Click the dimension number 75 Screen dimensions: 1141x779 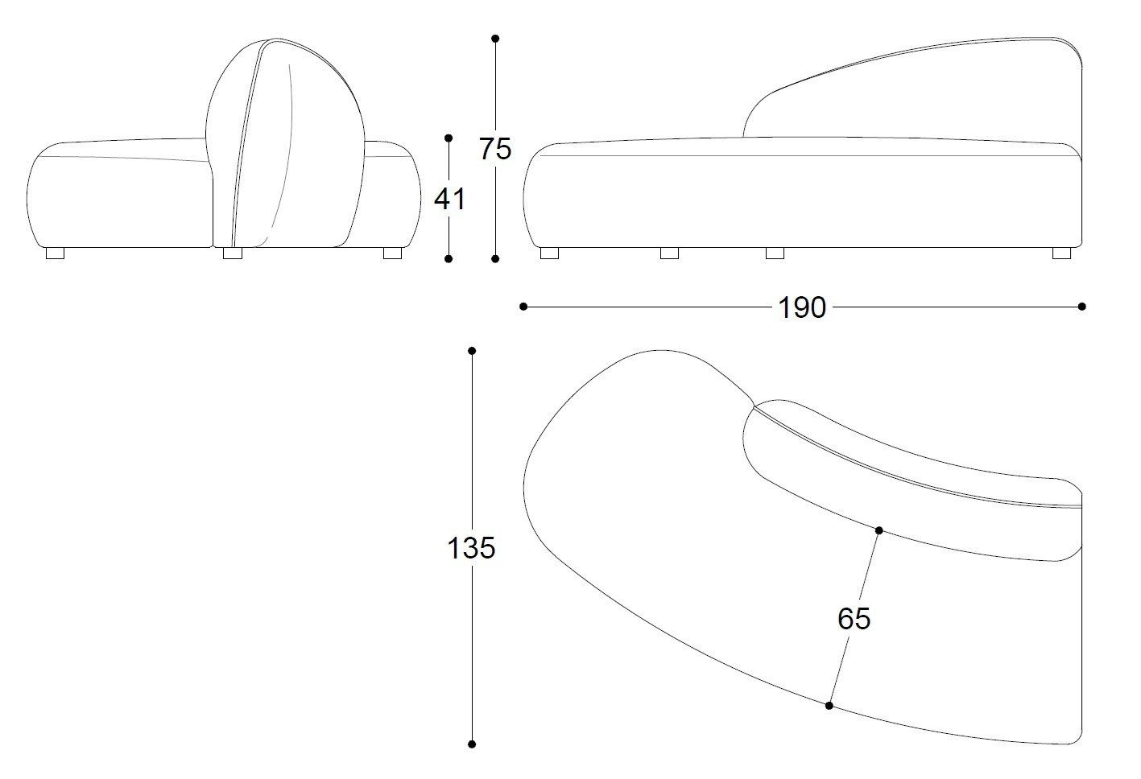coord(495,149)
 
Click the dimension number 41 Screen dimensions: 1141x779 coord(449,199)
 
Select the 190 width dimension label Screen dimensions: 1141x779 coord(802,307)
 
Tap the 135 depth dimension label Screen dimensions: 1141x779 coord(471,548)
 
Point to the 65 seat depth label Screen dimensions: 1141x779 coord(854,619)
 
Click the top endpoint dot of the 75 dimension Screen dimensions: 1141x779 coord(495,39)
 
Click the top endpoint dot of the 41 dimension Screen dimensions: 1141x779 coord(449,138)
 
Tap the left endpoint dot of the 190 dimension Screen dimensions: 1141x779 coord(523,307)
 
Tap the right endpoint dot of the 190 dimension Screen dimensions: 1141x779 coord(1082,307)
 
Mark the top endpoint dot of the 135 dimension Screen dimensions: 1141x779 coord(472,351)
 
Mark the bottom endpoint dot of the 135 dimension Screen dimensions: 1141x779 coord(472,744)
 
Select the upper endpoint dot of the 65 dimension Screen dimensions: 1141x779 coord(879,530)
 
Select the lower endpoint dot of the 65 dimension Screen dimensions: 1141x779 coord(829,706)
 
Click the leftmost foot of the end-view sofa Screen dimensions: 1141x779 coord(55,253)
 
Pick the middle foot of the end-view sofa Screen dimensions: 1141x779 coord(233,253)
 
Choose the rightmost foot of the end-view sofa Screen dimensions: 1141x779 coord(392,253)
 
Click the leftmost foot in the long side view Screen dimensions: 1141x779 coord(550,253)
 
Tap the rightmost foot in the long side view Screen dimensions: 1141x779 coord(1061,253)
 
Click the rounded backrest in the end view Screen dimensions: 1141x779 coord(285,142)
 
